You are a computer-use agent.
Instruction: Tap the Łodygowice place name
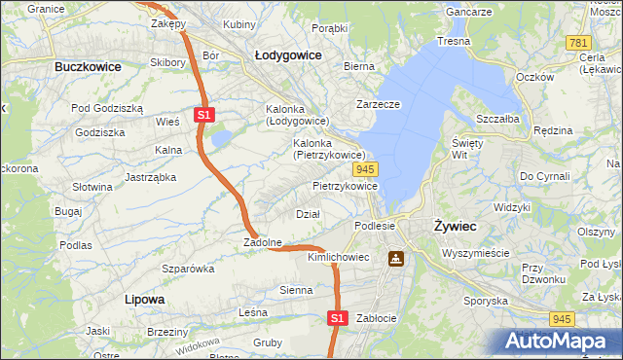tap(288, 55)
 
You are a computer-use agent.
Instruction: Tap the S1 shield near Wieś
tap(203, 115)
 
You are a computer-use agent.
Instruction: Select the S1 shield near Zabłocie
tap(337, 317)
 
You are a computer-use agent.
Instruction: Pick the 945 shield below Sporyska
tap(560, 318)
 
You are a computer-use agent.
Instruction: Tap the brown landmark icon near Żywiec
tap(396, 259)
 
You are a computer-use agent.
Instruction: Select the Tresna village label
tap(454, 41)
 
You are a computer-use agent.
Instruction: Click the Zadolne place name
tap(263, 242)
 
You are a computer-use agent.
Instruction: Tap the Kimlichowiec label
tap(338, 257)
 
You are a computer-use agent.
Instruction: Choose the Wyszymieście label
tap(475, 252)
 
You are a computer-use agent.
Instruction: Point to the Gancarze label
tap(467, 12)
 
